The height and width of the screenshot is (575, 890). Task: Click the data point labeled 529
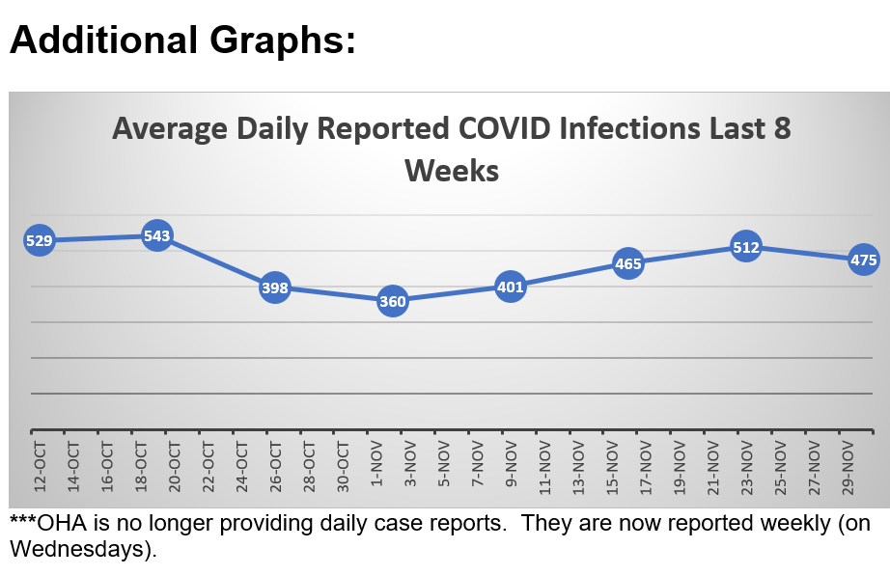pyautogui.click(x=39, y=240)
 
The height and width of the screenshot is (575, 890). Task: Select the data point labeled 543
pyautogui.click(x=157, y=235)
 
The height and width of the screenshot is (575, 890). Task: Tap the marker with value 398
pyautogui.click(x=275, y=287)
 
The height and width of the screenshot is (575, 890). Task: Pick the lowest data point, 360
pyautogui.click(x=392, y=301)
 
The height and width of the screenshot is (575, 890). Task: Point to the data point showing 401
pyautogui.click(x=510, y=287)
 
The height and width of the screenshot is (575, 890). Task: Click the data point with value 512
pyautogui.click(x=746, y=247)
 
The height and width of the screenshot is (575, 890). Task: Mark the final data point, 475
pyautogui.click(x=863, y=260)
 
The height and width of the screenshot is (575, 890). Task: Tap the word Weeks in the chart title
pyautogui.click(x=451, y=171)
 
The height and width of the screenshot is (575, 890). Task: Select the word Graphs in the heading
pyautogui.click(x=274, y=41)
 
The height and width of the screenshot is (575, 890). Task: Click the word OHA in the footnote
pyautogui.click(x=63, y=522)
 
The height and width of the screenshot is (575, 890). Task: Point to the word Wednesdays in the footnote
pyautogui.click(x=81, y=549)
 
